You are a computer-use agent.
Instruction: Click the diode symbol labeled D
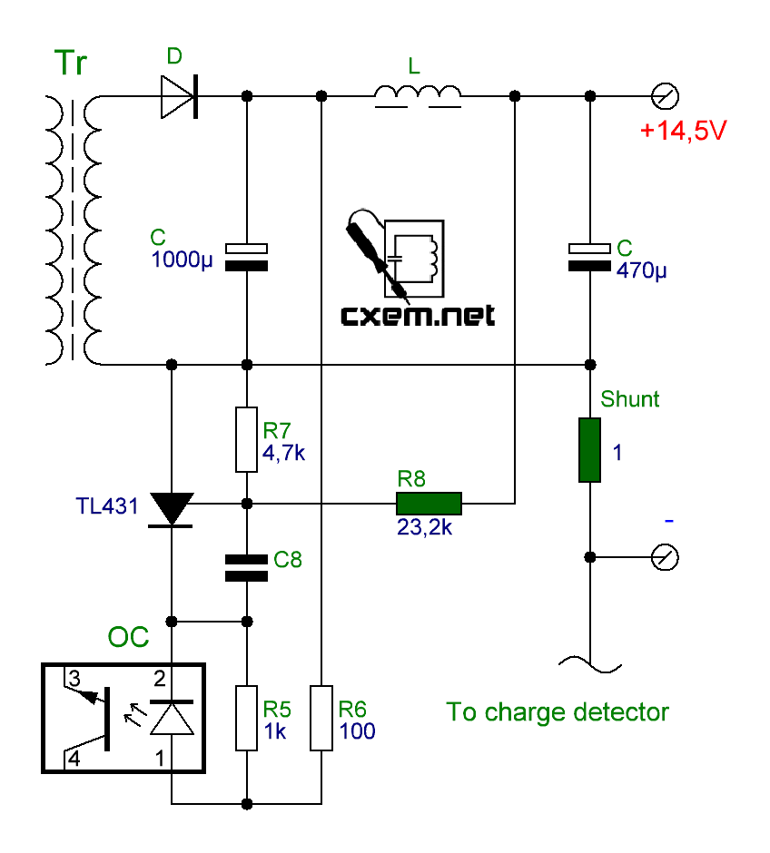(180, 95)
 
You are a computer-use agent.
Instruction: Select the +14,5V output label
(683, 131)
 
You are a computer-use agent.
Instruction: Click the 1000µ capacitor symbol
(246, 256)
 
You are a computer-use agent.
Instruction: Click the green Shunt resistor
(589, 450)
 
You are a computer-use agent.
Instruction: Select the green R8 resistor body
(429, 503)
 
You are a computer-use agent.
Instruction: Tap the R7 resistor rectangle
(246, 440)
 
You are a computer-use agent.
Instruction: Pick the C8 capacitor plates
(246, 566)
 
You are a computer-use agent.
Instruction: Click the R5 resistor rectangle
(246, 718)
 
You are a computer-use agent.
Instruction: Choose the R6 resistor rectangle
(321, 718)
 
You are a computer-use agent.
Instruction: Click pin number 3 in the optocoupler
(74, 678)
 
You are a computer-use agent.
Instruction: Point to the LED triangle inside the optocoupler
(172, 719)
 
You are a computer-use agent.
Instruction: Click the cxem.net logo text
(418, 315)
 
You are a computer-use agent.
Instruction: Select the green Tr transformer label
(73, 64)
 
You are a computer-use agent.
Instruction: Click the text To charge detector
(558, 712)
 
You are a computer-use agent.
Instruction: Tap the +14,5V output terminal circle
(665, 95)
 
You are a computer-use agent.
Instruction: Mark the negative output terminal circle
(665, 556)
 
